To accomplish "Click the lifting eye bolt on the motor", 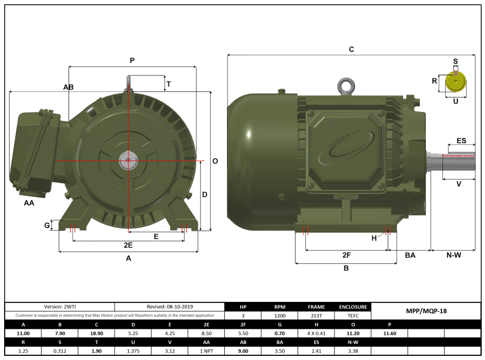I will (345, 86).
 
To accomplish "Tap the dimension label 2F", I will (347, 255).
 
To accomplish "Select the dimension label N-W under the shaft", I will (453, 255).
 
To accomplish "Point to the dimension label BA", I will (410, 255).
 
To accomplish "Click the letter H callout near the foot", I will (374, 238).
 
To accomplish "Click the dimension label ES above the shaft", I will (461, 141).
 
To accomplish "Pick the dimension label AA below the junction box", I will (29, 203).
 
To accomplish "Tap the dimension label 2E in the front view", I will (128, 245).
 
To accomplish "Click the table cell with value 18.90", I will (96, 334).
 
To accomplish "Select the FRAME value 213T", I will (316, 315).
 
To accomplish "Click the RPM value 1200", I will (280, 315).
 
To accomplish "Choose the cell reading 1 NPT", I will (206, 351).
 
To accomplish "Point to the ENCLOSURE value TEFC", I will (353, 315).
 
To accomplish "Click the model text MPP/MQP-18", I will (426, 311).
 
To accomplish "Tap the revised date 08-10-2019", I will (170, 306).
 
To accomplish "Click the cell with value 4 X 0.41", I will (316, 334).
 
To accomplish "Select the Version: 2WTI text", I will (60, 306).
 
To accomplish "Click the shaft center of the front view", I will (127, 161).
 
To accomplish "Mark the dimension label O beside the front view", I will (215, 161).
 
